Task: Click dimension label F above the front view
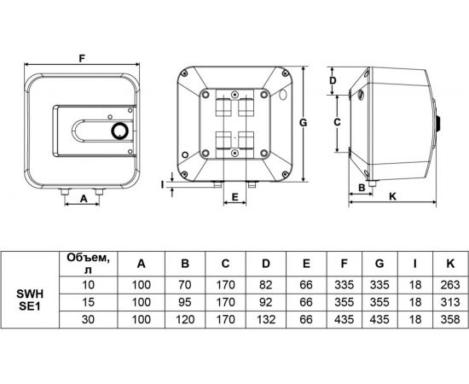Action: click(82, 58)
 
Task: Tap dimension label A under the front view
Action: click(84, 198)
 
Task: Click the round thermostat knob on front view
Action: click(119, 131)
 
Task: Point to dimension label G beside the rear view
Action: click(304, 123)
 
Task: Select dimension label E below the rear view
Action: click(234, 197)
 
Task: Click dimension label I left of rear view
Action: click(162, 185)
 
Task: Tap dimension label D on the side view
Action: click(333, 80)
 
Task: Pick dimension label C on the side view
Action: click(337, 122)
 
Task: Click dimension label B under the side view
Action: click(362, 188)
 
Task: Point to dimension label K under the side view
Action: click(392, 196)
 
